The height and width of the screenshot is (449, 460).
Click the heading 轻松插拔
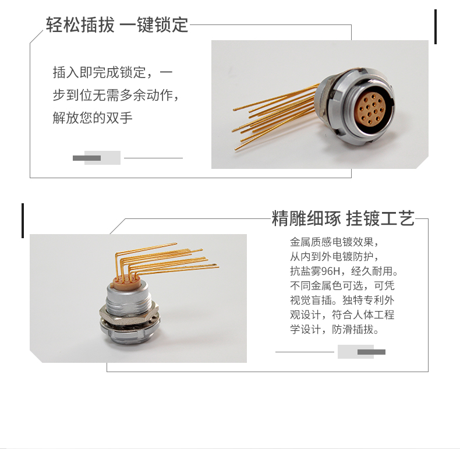(x=80, y=24)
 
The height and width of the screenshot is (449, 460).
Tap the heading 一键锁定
(x=154, y=24)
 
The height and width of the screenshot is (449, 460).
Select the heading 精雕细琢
(x=306, y=218)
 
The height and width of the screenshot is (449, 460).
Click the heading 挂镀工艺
(x=380, y=218)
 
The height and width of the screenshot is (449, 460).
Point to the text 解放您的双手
(x=93, y=118)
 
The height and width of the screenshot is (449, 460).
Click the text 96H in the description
(x=331, y=271)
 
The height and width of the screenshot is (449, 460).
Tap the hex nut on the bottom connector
(x=129, y=312)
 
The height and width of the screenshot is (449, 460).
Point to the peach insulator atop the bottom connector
(x=125, y=282)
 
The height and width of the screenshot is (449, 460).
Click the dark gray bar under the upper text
(x=87, y=158)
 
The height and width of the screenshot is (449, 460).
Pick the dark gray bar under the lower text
(x=371, y=352)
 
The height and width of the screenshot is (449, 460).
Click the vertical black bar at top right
(x=436, y=27)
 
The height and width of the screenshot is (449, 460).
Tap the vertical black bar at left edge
(x=23, y=220)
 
